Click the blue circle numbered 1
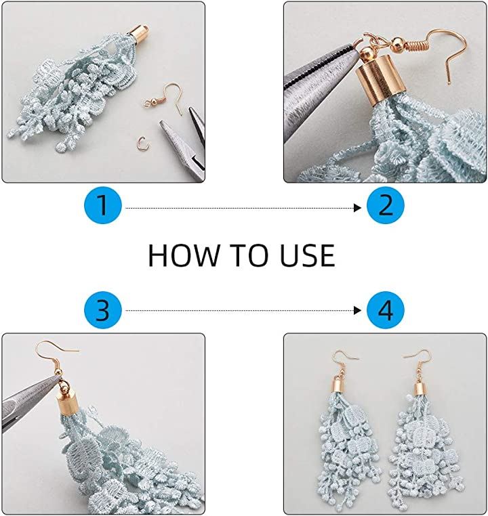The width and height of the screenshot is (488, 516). pos(103,205)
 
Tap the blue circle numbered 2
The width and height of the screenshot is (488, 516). pos(385,205)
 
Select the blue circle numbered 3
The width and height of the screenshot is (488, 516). pos(103,310)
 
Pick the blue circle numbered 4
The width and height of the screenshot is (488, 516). pos(385,310)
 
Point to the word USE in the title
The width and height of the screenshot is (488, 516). pos(308,255)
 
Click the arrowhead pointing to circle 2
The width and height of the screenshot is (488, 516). pos(358,208)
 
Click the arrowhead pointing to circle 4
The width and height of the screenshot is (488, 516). pos(358,310)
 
